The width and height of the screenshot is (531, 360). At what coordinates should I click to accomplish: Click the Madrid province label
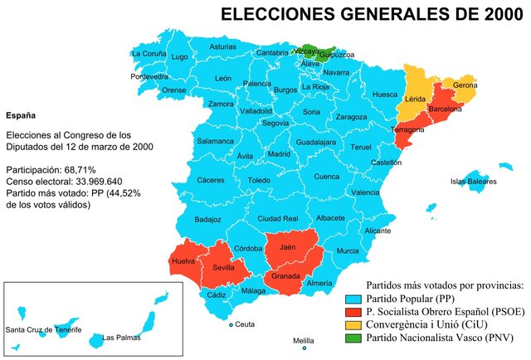point(278,154)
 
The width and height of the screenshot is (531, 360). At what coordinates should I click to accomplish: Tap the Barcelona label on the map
point(445,109)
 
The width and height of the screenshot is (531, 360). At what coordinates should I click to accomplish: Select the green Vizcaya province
point(307,51)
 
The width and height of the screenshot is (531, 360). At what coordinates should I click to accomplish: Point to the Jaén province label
point(288,247)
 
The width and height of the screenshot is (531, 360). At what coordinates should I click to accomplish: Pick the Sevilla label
point(223,268)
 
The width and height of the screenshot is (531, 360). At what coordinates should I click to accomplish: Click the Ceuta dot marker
point(231,324)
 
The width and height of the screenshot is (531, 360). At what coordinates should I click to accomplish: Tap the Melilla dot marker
point(304,348)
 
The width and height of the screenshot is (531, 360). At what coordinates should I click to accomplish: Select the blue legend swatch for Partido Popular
point(352,298)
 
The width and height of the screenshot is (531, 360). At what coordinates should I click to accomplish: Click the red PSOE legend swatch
point(352,311)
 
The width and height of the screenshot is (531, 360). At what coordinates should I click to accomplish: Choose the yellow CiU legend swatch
point(352,324)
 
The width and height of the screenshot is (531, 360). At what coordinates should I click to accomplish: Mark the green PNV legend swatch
point(352,338)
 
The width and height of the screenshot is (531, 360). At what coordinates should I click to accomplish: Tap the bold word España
point(21,115)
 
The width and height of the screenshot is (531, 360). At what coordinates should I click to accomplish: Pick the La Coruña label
point(149,54)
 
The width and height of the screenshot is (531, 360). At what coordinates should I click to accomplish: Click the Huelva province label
point(183,261)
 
